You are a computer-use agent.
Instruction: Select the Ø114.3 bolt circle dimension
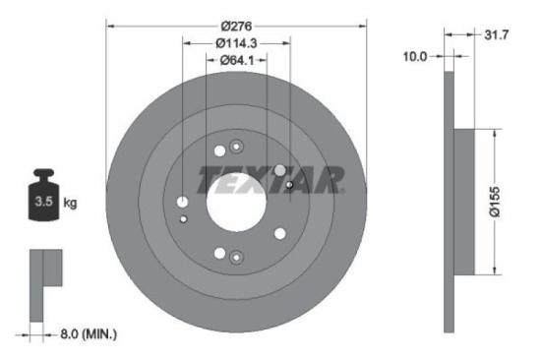point(236,42)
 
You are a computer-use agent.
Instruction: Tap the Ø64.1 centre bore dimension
point(236,61)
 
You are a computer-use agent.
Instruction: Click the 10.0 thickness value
point(416,57)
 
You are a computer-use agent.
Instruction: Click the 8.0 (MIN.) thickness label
point(83,334)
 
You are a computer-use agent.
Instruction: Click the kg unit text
point(71,204)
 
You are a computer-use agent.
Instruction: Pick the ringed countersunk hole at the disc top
point(235,148)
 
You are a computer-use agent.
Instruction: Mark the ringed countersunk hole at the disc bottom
point(235,258)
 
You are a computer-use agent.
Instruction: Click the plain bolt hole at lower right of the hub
point(280,234)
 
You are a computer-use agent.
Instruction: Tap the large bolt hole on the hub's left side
point(183,203)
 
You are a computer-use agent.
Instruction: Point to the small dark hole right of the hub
point(289,184)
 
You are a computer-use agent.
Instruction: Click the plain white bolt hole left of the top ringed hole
point(218,151)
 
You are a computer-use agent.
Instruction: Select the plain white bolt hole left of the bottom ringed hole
point(218,253)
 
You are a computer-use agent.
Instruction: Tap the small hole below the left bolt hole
point(184,218)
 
